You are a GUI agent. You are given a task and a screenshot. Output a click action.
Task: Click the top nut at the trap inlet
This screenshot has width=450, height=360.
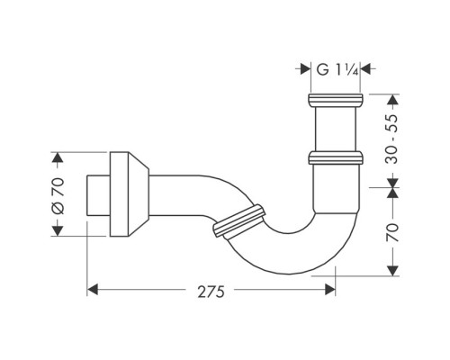[337, 99]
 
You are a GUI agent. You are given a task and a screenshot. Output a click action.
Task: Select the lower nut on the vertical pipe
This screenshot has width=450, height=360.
[337, 158]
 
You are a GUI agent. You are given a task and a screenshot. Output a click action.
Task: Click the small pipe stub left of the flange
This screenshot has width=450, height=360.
[96, 194]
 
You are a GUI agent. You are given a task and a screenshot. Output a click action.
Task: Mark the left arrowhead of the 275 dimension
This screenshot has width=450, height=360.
[93, 290]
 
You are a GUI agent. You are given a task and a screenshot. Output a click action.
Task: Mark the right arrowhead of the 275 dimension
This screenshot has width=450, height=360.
[330, 290]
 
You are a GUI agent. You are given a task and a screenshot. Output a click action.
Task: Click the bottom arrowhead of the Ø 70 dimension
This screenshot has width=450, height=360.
[58, 230]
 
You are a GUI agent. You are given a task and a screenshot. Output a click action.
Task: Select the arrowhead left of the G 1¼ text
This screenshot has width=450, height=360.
[304, 67]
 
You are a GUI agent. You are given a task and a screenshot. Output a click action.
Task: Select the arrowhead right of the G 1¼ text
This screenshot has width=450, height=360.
[369, 67]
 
